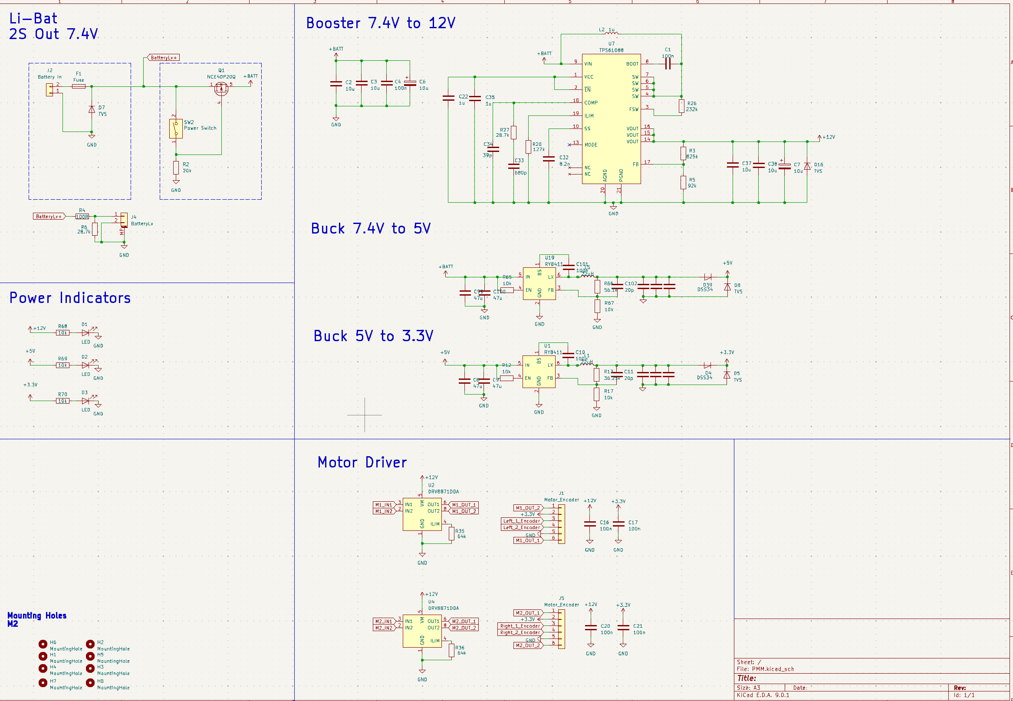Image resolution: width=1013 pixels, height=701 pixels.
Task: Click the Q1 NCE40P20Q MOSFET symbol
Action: (221, 89)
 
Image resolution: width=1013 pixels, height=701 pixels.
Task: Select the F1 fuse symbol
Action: (79, 86)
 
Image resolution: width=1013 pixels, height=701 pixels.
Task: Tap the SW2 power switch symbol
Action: (176, 128)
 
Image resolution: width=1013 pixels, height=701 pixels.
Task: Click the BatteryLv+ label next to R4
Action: (49, 217)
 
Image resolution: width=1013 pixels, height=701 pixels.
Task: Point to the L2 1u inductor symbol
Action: (611, 33)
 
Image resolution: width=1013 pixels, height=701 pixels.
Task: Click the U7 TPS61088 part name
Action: (611, 50)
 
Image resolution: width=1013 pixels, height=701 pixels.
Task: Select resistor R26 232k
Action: (681, 106)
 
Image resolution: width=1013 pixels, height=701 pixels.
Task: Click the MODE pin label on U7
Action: (591, 145)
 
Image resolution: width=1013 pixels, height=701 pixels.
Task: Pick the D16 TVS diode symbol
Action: (807, 167)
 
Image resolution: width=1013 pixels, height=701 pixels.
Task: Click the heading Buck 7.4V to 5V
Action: (371, 229)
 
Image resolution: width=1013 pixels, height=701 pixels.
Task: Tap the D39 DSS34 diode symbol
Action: (707, 278)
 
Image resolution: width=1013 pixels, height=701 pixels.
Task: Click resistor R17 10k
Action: (596, 394)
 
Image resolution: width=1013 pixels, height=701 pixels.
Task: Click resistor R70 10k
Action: (63, 401)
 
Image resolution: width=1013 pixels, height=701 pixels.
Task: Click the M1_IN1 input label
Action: (384, 505)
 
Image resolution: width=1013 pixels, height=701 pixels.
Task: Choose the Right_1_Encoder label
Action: (520, 626)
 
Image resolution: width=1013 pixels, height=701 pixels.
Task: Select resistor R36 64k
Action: (451, 651)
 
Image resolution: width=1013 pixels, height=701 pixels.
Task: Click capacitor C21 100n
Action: (623, 628)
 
